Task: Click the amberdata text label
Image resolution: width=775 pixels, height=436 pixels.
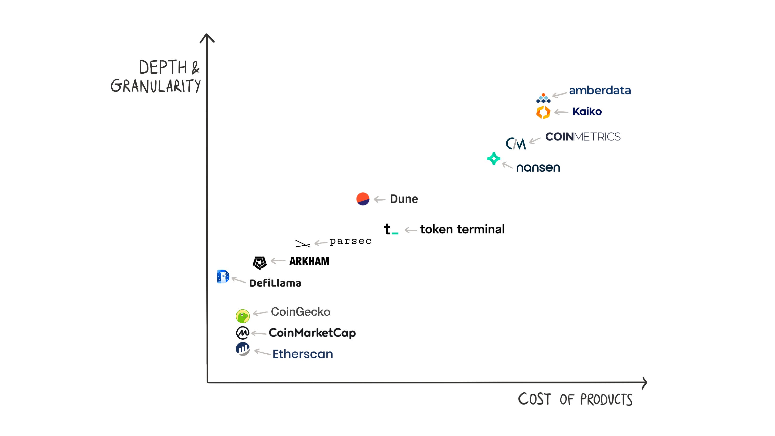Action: click(x=600, y=90)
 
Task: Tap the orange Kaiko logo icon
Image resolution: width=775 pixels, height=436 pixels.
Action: click(x=543, y=112)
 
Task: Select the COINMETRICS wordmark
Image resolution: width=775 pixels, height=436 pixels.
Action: click(x=582, y=137)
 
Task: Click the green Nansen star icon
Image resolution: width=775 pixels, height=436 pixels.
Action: click(x=494, y=159)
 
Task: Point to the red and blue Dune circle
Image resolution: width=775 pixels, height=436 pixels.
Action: click(x=363, y=199)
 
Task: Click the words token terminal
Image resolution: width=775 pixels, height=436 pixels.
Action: click(x=462, y=229)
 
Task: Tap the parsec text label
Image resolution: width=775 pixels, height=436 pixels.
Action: click(x=350, y=241)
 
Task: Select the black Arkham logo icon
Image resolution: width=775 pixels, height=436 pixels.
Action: click(x=260, y=263)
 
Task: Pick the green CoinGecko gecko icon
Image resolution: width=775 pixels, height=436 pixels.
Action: click(x=242, y=316)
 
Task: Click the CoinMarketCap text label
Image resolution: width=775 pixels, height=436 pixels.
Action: click(x=312, y=333)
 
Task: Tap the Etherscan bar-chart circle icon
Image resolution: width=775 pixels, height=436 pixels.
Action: click(x=242, y=349)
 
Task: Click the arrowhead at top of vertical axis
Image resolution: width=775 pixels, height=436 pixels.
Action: click(x=207, y=37)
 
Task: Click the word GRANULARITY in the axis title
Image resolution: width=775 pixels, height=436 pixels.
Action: click(x=155, y=86)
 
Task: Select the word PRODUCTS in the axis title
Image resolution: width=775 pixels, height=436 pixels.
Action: click(x=606, y=400)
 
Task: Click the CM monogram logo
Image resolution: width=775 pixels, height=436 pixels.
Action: click(x=516, y=144)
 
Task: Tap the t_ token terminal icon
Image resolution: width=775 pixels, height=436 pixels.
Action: click(x=390, y=229)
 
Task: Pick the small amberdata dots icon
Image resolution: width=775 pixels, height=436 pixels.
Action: click(x=543, y=98)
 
